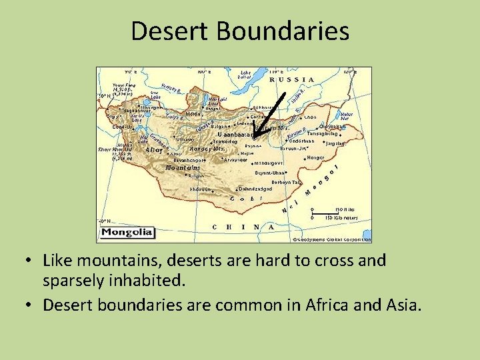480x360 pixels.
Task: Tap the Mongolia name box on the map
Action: [x=127, y=233]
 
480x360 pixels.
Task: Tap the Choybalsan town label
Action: [x=333, y=126]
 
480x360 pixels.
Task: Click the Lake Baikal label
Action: [x=245, y=74]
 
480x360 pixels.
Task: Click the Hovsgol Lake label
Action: [x=213, y=101]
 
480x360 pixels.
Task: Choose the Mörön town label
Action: [x=193, y=114]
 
